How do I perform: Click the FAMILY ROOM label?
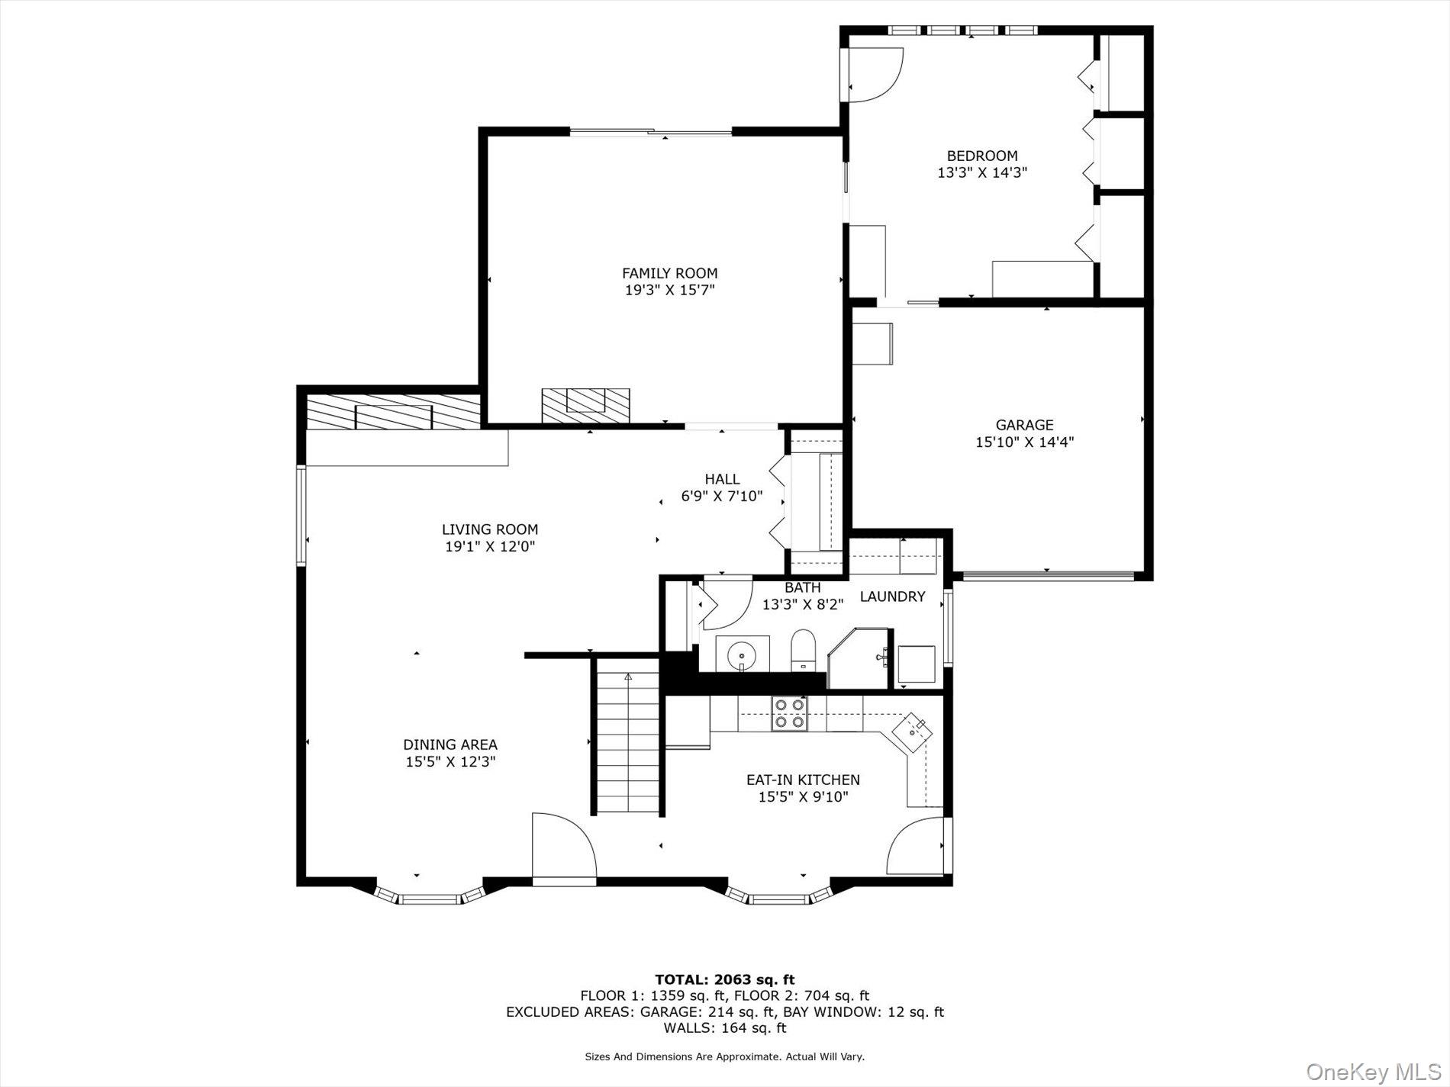coord(669,273)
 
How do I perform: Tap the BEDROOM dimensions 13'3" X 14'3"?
coord(981,173)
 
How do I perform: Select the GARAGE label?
coord(1023,425)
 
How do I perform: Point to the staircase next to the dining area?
coord(627,744)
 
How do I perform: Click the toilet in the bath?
coord(803,650)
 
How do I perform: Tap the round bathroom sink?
coord(741,654)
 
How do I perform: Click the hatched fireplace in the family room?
coord(585,405)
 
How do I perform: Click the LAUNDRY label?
coord(892,597)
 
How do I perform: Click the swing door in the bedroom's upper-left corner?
coord(875,75)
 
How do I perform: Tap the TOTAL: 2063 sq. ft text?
coord(724,979)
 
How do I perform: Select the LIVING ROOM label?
coord(489,529)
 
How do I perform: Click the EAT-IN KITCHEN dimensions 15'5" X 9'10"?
coord(803,797)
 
